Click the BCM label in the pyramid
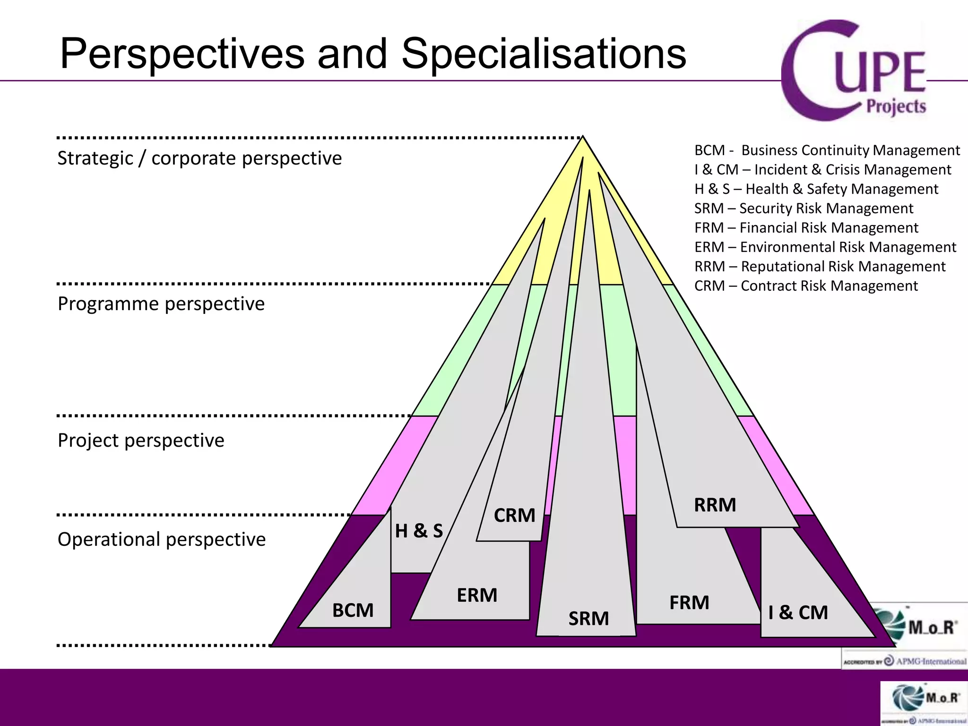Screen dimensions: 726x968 tap(353, 610)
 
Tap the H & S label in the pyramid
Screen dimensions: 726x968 tap(419, 531)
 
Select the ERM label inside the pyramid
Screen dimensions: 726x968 tap(477, 595)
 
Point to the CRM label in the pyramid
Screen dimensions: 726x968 tap(514, 515)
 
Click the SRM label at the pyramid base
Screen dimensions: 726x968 tap(588, 618)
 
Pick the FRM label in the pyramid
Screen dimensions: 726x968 tap(689, 603)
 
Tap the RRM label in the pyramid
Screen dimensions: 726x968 tap(715, 505)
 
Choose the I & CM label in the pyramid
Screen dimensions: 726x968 tap(798, 613)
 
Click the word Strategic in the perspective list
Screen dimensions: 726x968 tap(95, 158)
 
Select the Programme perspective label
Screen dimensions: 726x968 tap(161, 304)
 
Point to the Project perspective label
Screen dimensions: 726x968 tap(141, 441)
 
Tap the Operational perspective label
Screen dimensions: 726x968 tap(162, 539)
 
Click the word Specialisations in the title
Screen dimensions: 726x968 tap(544, 54)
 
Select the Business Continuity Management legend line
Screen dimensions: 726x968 tap(827, 150)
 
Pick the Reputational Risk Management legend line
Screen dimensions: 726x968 tap(820, 267)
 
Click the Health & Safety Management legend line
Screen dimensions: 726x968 tap(816, 189)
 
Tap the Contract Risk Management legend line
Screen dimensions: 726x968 tap(806, 286)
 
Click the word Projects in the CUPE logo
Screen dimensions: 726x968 tap(896, 107)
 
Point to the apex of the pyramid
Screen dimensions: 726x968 tap(583, 138)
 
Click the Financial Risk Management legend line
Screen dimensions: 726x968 tap(806, 228)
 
